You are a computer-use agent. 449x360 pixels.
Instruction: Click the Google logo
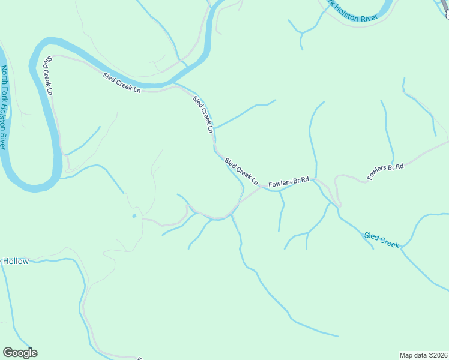click(x=20, y=353)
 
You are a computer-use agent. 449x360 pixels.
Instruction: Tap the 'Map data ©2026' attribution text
click(x=423, y=355)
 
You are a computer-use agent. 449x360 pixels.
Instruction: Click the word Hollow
click(x=16, y=262)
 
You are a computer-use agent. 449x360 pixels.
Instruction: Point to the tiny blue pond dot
click(x=134, y=216)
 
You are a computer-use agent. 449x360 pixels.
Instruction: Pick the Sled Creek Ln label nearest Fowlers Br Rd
click(x=241, y=171)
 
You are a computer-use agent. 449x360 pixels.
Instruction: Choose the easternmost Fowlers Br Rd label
click(x=385, y=171)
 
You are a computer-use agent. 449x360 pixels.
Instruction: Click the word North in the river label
click(x=5, y=77)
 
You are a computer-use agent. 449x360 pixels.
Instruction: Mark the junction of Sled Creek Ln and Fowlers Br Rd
click(x=261, y=188)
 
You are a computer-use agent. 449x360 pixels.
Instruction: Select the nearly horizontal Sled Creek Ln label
click(x=122, y=83)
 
